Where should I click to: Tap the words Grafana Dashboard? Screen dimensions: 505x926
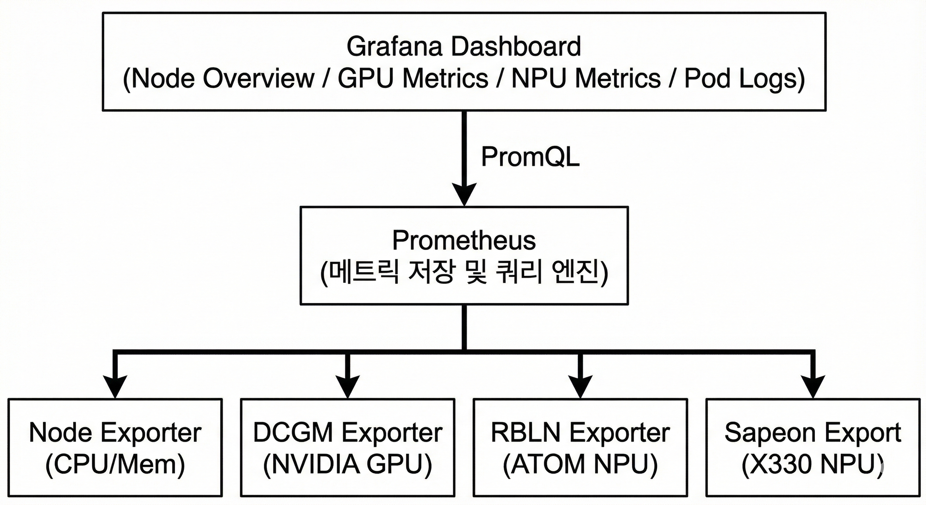463,46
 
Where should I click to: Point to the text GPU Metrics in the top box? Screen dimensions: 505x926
413,78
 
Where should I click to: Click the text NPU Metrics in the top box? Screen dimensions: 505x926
586,78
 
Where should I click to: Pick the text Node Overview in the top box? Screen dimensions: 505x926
222,78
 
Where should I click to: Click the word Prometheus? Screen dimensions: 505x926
463,240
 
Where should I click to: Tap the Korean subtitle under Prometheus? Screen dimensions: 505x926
463,272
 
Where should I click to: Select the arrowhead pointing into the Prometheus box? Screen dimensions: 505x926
464,193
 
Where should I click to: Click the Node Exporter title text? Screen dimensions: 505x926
115,432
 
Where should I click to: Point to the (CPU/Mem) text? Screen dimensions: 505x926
115,464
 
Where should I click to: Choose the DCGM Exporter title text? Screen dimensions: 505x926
347,432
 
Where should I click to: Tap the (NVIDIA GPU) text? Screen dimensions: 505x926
347,464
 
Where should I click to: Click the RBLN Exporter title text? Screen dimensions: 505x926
580,432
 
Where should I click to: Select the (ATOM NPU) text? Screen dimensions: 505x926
580,464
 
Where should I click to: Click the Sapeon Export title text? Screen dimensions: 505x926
813,432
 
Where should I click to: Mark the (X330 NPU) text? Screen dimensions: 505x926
813,464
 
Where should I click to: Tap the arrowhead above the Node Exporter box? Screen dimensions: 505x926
115,386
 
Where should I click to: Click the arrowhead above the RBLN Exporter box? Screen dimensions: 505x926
580,386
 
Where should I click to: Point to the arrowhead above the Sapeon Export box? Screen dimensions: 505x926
813,386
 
